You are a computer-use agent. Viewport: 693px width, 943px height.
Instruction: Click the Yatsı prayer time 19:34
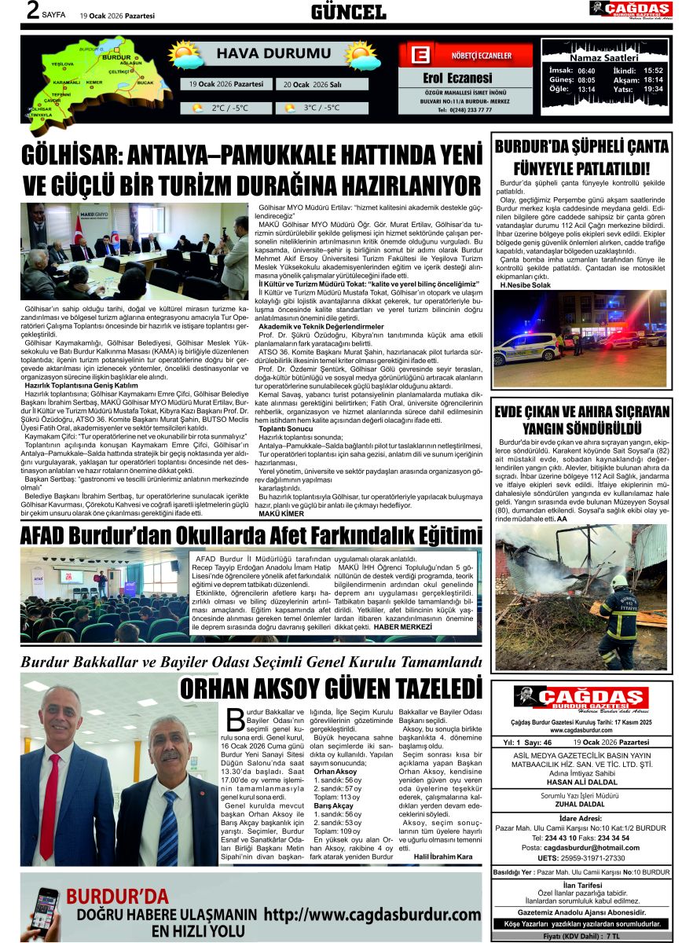coord(653,90)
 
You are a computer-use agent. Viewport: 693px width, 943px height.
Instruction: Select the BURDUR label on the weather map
coord(116,58)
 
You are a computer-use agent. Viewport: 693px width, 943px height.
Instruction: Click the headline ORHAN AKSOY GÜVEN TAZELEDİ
coord(331,688)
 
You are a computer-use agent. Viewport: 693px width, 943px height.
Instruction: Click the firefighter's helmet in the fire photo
coord(620,581)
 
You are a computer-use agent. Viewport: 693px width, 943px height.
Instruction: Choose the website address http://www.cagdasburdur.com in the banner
coord(372,915)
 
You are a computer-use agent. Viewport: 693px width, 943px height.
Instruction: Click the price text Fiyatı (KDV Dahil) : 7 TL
coord(581,937)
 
